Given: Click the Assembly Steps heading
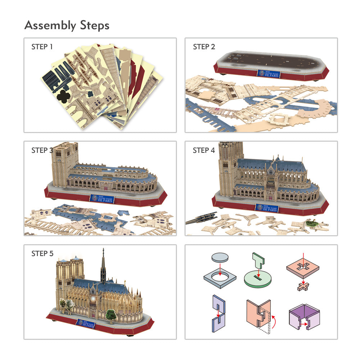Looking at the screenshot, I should click(67, 26).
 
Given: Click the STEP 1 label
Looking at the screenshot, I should click(42, 47).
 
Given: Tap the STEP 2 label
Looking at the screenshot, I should click(204, 47).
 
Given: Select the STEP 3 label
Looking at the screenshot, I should click(42, 150).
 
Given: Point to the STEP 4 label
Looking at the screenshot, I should click(204, 150).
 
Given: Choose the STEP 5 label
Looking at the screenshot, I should click(42, 254).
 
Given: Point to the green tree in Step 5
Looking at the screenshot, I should click(111, 315).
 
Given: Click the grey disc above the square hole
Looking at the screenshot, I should click(220, 258).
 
